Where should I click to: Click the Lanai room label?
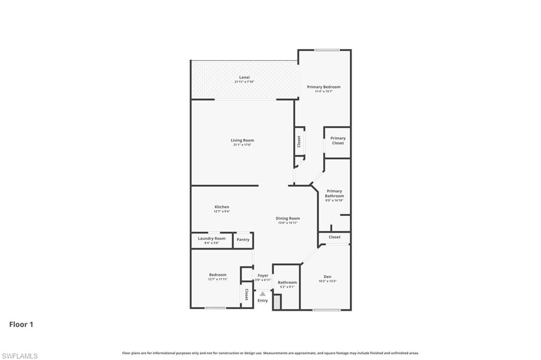[244, 77]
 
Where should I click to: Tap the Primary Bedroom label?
[324, 87]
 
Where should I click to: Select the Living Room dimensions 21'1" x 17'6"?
[242, 145]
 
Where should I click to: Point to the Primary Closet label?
[338, 140]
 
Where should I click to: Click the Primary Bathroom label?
[334, 193]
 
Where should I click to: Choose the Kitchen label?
[222, 206]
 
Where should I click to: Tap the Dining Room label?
[288, 218]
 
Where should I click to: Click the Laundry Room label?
[211, 238]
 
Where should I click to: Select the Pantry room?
[243, 240]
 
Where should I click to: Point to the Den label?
[328, 276]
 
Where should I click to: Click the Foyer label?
[263, 276]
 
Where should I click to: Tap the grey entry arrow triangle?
[263, 293]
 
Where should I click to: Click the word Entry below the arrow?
[263, 300]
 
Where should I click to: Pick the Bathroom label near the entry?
[287, 282]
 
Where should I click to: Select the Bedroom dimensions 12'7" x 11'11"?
[218, 279]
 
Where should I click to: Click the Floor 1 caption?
[21, 325]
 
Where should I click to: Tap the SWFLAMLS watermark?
[20, 356]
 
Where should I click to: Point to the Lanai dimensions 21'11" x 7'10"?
[244, 82]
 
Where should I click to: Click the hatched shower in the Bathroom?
[277, 302]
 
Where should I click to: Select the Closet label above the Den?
[334, 238]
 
